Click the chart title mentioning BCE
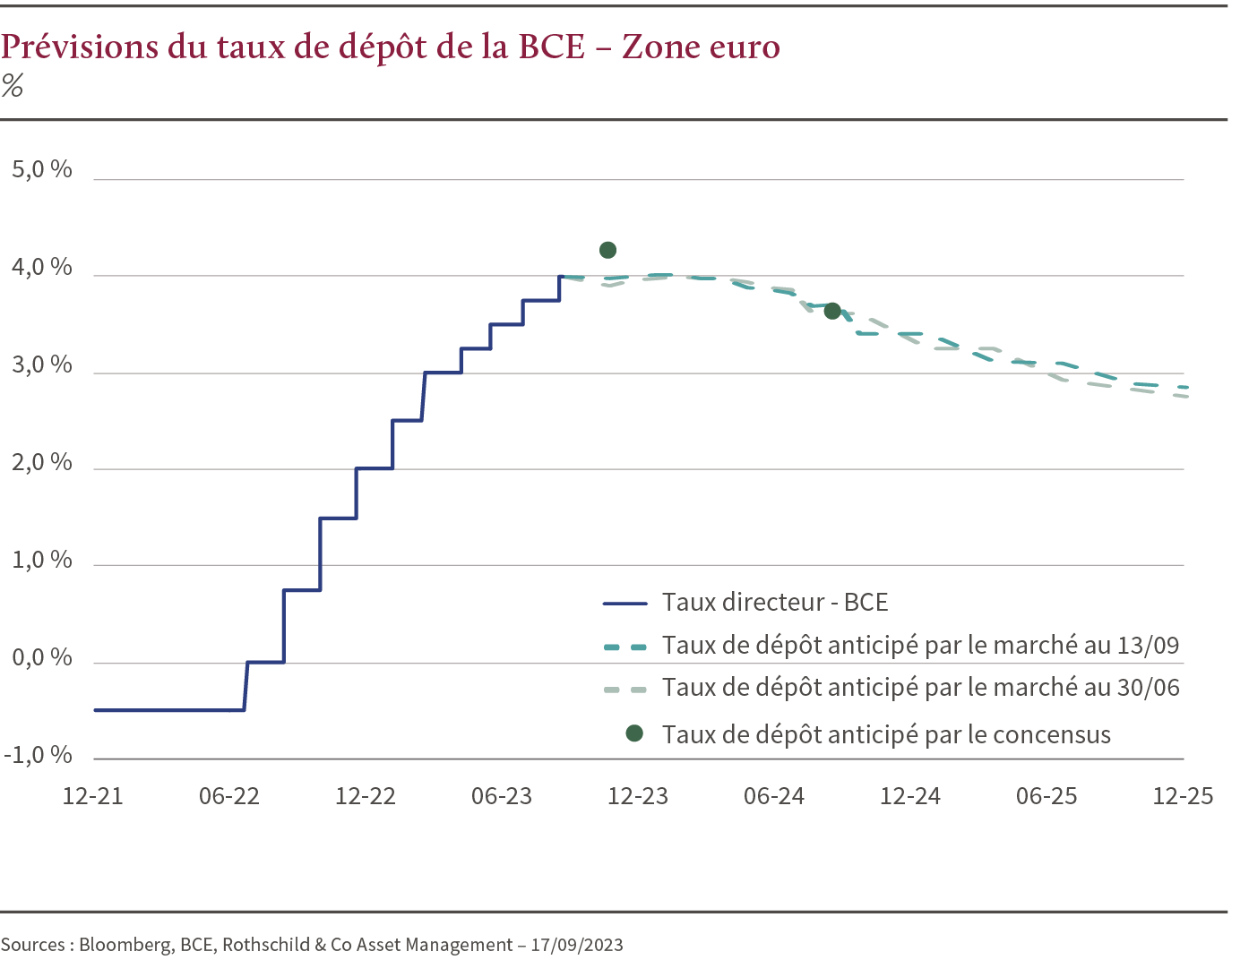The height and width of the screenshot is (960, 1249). (390, 47)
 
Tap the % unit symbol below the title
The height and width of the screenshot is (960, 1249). (12, 86)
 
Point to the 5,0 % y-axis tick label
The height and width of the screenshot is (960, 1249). (41, 169)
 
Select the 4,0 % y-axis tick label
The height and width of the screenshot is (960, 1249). (41, 267)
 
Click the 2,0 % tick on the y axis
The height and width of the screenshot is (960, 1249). (41, 462)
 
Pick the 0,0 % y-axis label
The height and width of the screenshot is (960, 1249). (41, 657)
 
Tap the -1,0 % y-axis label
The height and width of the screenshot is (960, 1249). (38, 755)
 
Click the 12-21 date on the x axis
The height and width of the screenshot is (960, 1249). (92, 796)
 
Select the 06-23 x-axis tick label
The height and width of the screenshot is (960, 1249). (501, 796)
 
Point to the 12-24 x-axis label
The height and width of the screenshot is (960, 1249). (910, 796)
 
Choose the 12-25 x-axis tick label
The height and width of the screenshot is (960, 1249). (1183, 796)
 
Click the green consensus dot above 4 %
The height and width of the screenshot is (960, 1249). (607, 250)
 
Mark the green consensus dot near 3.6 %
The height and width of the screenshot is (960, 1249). (832, 311)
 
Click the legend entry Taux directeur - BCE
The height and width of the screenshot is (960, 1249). (775, 602)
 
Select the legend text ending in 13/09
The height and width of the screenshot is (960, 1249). (920, 645)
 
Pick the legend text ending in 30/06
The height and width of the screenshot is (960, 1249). (920, 688)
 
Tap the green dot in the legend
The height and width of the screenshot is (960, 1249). (634, 733)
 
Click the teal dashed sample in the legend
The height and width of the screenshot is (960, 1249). (624, 646)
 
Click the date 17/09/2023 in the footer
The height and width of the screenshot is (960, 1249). (576, 945)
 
